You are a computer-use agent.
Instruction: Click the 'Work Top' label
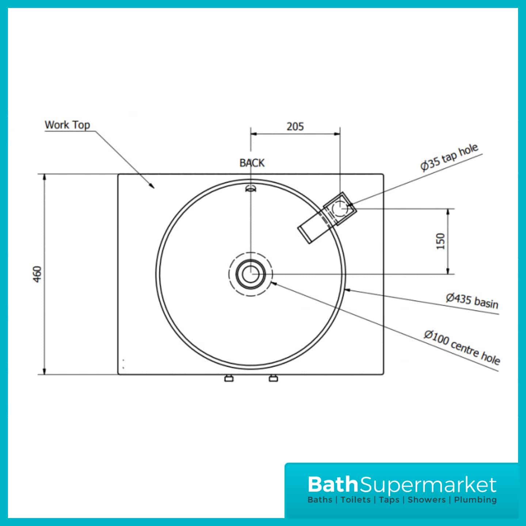coord(67,125)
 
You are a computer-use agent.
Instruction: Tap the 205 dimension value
coord(295,127)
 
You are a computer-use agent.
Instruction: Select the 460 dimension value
coord(37,274)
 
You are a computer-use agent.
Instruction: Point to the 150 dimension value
coord(441,241)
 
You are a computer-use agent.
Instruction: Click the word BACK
coord(252,163)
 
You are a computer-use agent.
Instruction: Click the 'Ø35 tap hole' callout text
coord(449,158)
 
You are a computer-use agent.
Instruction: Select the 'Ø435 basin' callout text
coord(472,301)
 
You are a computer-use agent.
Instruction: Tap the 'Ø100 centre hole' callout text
coord(462,347)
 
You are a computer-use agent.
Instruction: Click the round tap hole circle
coord(340,208)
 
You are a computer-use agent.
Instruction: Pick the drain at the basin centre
coord(251,274)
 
